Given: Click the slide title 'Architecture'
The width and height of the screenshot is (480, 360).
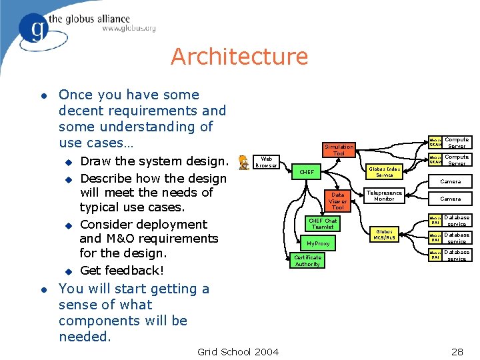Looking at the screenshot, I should (x=239, y=57).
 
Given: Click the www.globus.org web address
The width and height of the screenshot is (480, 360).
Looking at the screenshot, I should (x=129, y=29).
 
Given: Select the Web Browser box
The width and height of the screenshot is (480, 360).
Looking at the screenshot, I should (x=267, y=162).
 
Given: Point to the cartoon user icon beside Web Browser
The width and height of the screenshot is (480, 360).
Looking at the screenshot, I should (x=244, y=162).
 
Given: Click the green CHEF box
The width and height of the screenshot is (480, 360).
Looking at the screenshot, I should (x=307, y=172).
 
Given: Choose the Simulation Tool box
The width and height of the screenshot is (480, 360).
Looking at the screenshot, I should (x=339, y=150).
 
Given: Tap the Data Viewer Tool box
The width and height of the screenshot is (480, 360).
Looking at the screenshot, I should (x=338, y=201).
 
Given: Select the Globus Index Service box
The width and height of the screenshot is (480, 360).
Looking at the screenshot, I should (x=385, y=172).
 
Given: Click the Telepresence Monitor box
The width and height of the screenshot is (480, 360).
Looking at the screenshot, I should (x=384, y=196).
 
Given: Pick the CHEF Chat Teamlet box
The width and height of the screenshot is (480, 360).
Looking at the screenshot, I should (x=323, y=224).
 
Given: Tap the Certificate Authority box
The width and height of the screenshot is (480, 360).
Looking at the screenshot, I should (x=307, y=261).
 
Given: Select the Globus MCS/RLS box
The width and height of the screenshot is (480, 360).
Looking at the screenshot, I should (x=384, y=235).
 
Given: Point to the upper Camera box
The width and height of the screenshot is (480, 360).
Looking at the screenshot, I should (x=450, y=181).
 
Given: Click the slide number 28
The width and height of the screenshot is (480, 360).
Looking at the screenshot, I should (x=457, y=351).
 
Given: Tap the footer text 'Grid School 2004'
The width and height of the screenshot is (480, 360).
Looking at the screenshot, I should (x=239, y=351).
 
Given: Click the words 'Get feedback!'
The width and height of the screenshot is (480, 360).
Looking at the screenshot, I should (x=121, y=270).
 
